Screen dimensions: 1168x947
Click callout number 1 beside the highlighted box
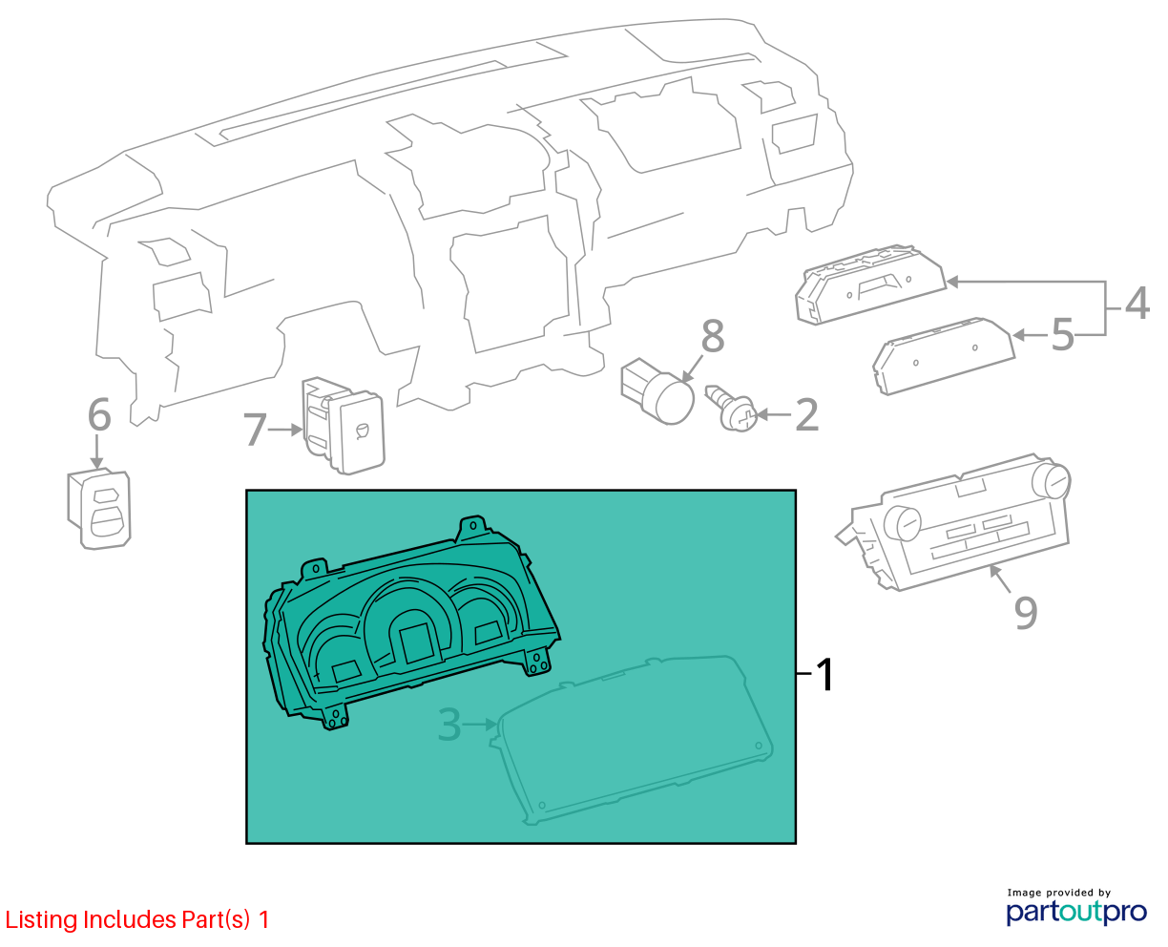pos(824,674)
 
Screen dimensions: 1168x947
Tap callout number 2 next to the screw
pos(806,415)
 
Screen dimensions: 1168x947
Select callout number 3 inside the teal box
pos(449,725)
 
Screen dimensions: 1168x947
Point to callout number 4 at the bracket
pos(1137,303)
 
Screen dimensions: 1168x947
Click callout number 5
pos(1062,334)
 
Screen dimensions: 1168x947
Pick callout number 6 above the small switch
pos(99,415)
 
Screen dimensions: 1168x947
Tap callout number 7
pos(255,430)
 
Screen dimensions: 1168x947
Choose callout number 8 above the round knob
pos(713,335)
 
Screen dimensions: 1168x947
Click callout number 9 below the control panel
pos(1026,612)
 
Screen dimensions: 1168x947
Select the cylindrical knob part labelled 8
pos(657,391)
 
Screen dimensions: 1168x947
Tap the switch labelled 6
pos(99,509)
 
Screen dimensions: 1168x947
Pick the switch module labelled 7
pos(344,425)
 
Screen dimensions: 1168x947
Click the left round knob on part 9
pos(902,523)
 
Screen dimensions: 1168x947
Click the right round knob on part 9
pos(1051,480)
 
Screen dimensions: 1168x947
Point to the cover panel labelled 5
pos(944,356)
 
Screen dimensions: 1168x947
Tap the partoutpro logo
pos(1075,912)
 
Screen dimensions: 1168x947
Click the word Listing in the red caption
pos(42,920)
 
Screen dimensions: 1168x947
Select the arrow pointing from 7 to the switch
pos(285,430)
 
